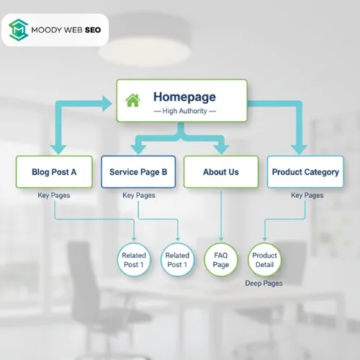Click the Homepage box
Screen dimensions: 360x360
181,101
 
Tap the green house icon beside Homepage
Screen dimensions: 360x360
132,100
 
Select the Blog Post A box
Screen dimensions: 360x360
54,172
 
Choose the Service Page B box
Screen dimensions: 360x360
138,172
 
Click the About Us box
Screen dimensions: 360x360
221,172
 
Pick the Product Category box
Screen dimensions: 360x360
305,172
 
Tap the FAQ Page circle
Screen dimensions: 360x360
221,260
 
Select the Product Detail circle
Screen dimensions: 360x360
264,260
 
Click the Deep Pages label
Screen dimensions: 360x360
264,283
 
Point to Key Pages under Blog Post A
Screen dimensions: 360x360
54,195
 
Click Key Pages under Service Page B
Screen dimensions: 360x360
138,195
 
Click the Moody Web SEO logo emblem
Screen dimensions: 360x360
17,30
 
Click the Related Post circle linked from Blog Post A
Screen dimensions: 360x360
134,260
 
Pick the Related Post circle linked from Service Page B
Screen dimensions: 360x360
177,260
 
